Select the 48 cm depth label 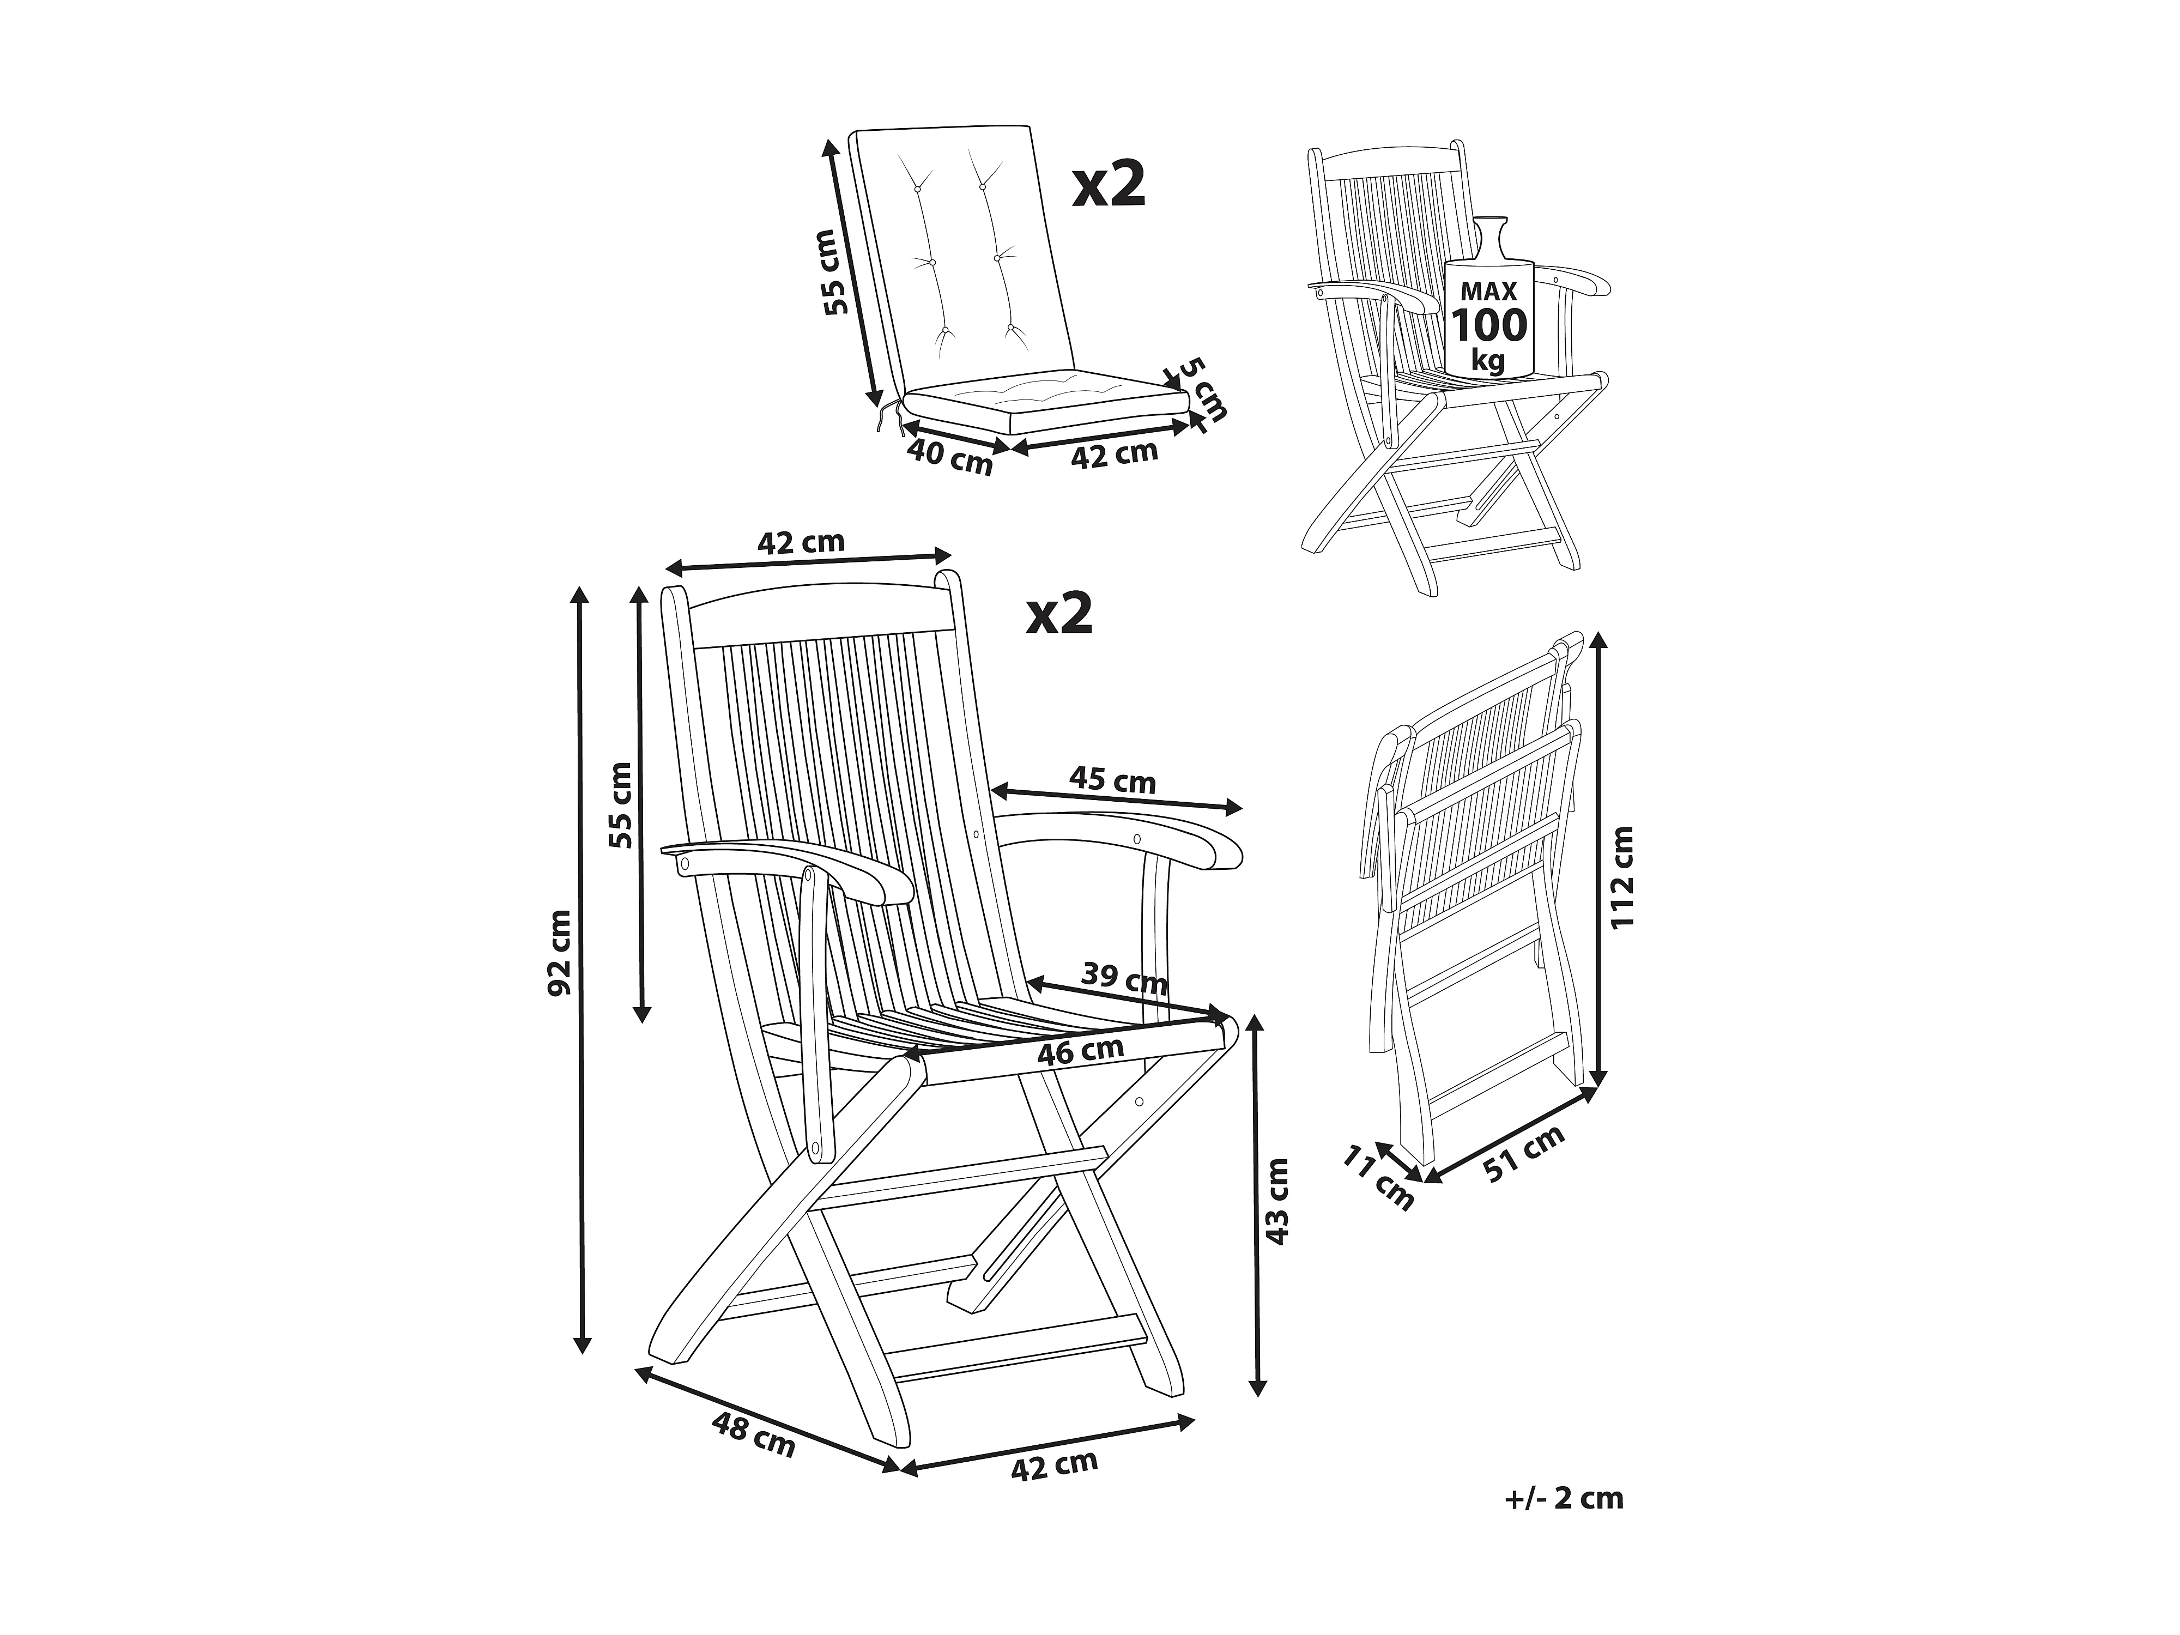[x=754, y=1437]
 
